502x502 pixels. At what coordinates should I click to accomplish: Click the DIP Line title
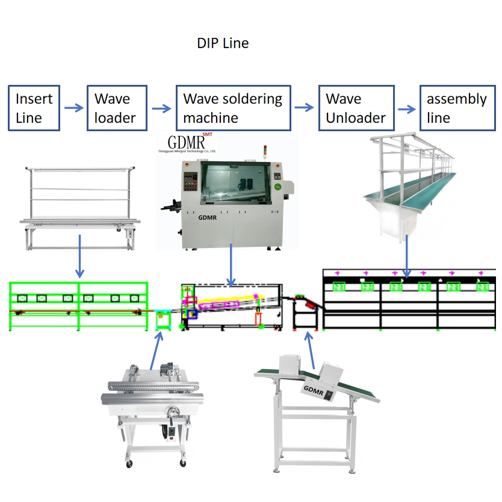point(223,43)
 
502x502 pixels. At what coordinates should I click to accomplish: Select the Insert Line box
point(34,108)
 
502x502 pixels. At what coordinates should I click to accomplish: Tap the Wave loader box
point(117,108)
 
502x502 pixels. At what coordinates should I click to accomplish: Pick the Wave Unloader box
point(356,108)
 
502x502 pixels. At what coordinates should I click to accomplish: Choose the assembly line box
point(456,108)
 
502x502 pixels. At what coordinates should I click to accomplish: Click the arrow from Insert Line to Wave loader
point(73,108)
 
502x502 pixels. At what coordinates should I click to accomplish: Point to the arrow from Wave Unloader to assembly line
point(407,110)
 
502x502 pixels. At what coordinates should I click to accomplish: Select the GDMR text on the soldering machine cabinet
point(208,218)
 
